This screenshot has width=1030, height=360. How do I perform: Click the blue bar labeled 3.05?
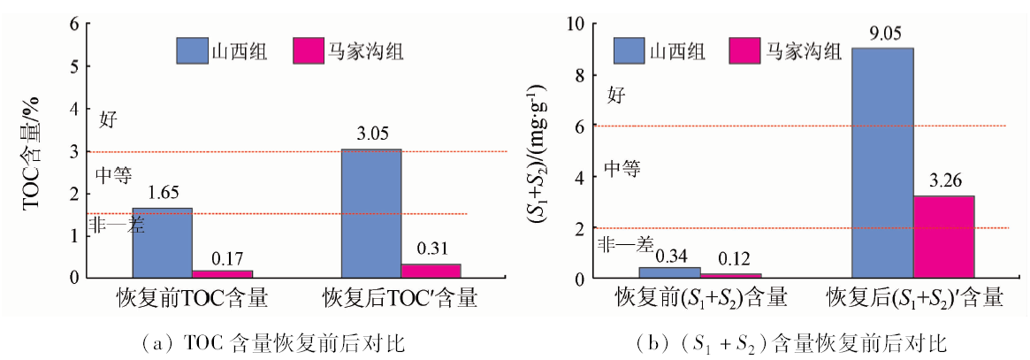point(370,213)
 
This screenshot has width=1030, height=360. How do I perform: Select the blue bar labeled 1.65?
point(162,243)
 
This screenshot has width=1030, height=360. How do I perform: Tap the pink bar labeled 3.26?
point(944,237)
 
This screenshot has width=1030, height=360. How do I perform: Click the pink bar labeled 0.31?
point(431,271)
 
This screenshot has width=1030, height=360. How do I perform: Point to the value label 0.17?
point(223,260)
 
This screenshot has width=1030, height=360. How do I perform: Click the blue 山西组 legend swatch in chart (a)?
point(190,50)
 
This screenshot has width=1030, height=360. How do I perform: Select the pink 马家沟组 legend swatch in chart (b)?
point(744,50)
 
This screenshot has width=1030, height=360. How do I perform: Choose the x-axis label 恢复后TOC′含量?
point(401,298)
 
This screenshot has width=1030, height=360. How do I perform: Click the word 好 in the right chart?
point(615,96)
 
